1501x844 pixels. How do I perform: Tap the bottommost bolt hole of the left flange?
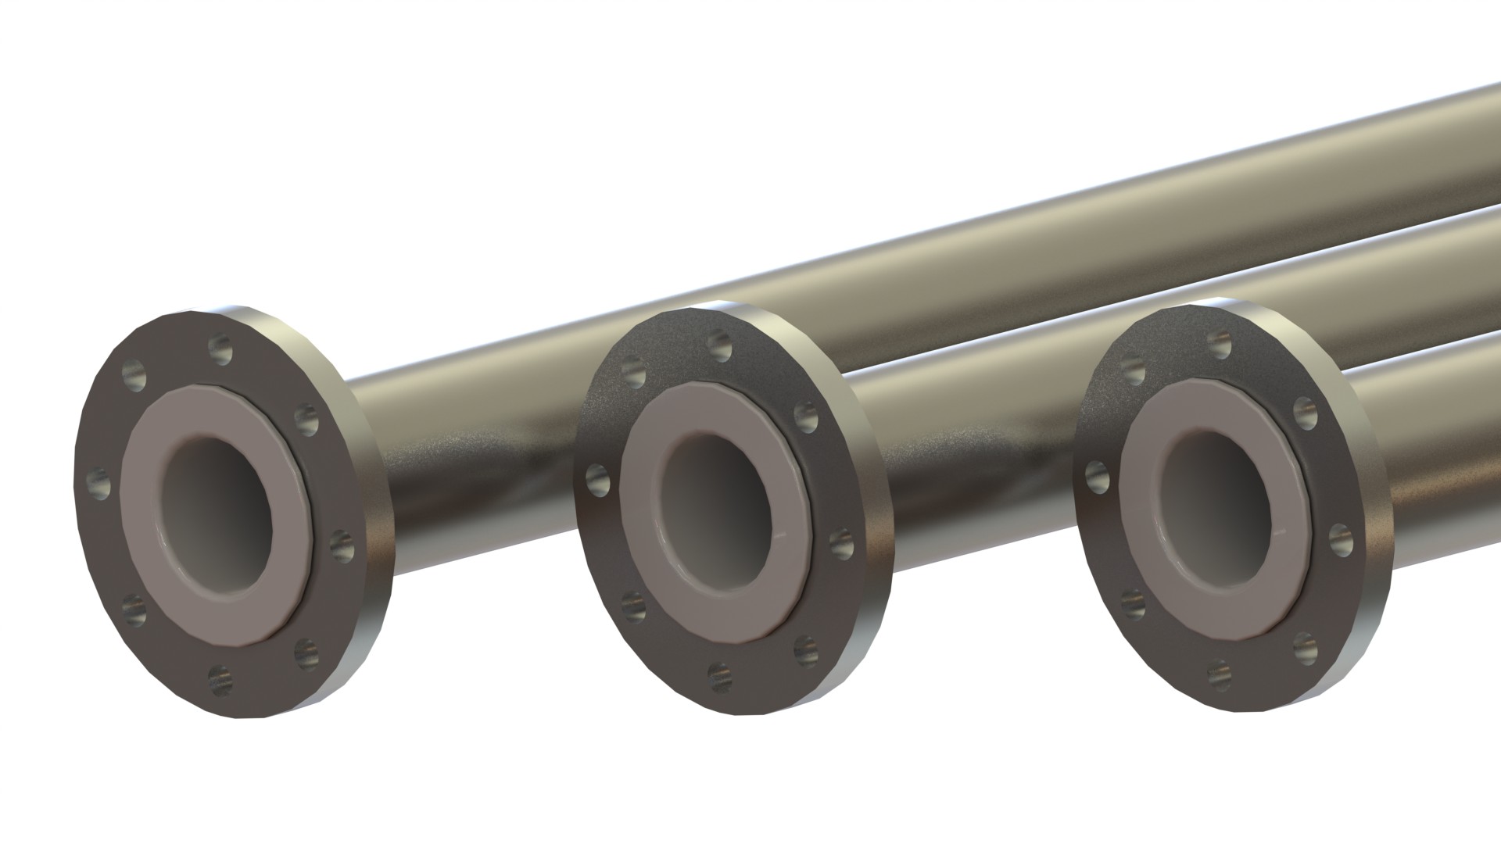(x=221, y=677)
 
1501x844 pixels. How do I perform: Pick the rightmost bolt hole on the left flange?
(x=342, y=544)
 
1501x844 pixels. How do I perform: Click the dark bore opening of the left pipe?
(x=215, y=508)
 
